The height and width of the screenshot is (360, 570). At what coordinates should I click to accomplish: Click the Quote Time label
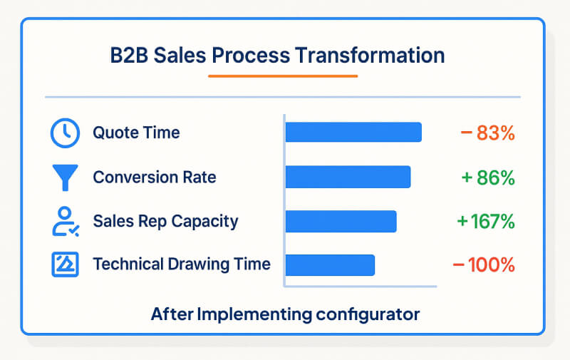tap(136, 133)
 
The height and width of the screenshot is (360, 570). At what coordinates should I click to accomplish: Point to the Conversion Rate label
tap(155, 178)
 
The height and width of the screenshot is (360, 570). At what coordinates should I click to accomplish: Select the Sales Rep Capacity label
tap(165, 221)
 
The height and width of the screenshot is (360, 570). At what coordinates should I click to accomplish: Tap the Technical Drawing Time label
tap(182, 264)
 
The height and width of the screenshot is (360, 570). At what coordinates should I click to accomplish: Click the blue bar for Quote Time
tap(353, 133)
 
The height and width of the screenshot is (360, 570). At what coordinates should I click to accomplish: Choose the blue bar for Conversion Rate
tap(348, 178)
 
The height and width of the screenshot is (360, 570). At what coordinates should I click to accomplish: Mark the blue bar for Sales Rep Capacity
tap(341, 221)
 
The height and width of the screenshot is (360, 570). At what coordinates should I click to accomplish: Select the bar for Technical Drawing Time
tap(330, 264)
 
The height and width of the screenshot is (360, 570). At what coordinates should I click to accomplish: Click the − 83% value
tap(488, 133)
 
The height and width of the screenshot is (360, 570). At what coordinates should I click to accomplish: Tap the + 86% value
tap(488, 178)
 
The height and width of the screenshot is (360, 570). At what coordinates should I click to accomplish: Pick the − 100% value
tap(484, 264)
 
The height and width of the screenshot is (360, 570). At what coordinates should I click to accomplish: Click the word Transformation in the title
tap(375, 56)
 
